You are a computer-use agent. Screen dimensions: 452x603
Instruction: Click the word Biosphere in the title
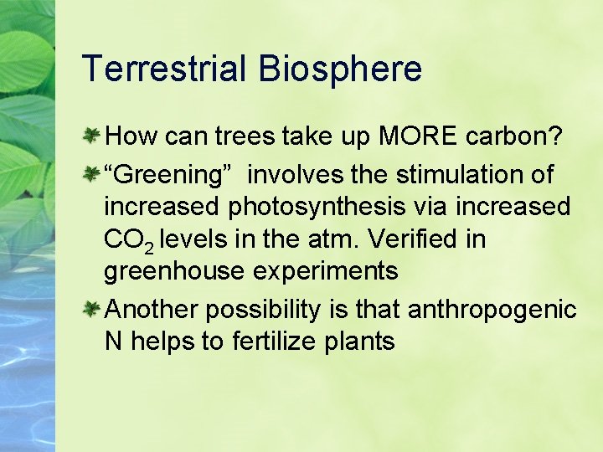click(x=340, y=69)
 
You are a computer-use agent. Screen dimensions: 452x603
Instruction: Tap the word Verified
click(x=411, y=239)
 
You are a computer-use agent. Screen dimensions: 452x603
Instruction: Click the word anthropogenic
click(x=492, y=311)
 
